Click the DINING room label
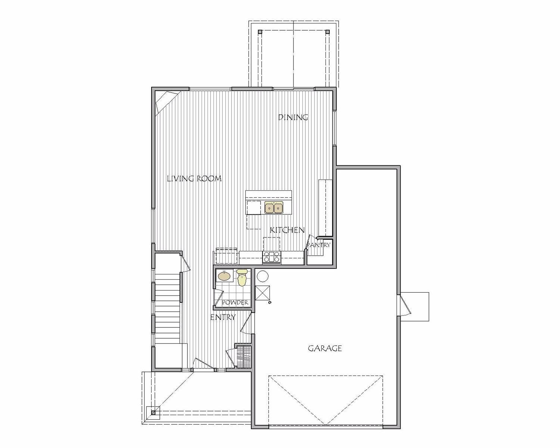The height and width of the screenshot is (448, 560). point(293,117)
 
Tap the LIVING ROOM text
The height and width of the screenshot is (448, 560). point(194,178)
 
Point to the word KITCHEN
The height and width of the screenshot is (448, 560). point(287,230)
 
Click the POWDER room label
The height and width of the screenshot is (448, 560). point(235,302)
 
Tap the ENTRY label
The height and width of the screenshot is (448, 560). point(223,317)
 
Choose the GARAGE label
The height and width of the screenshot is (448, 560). point(325,348)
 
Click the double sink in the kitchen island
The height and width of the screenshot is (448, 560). point(274,207)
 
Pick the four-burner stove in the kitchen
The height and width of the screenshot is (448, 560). point(272,257)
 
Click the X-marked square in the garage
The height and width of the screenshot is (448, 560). point(262,293)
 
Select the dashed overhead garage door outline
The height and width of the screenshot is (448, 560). point(326,400)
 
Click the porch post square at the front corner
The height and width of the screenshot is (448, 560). point(153,413)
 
